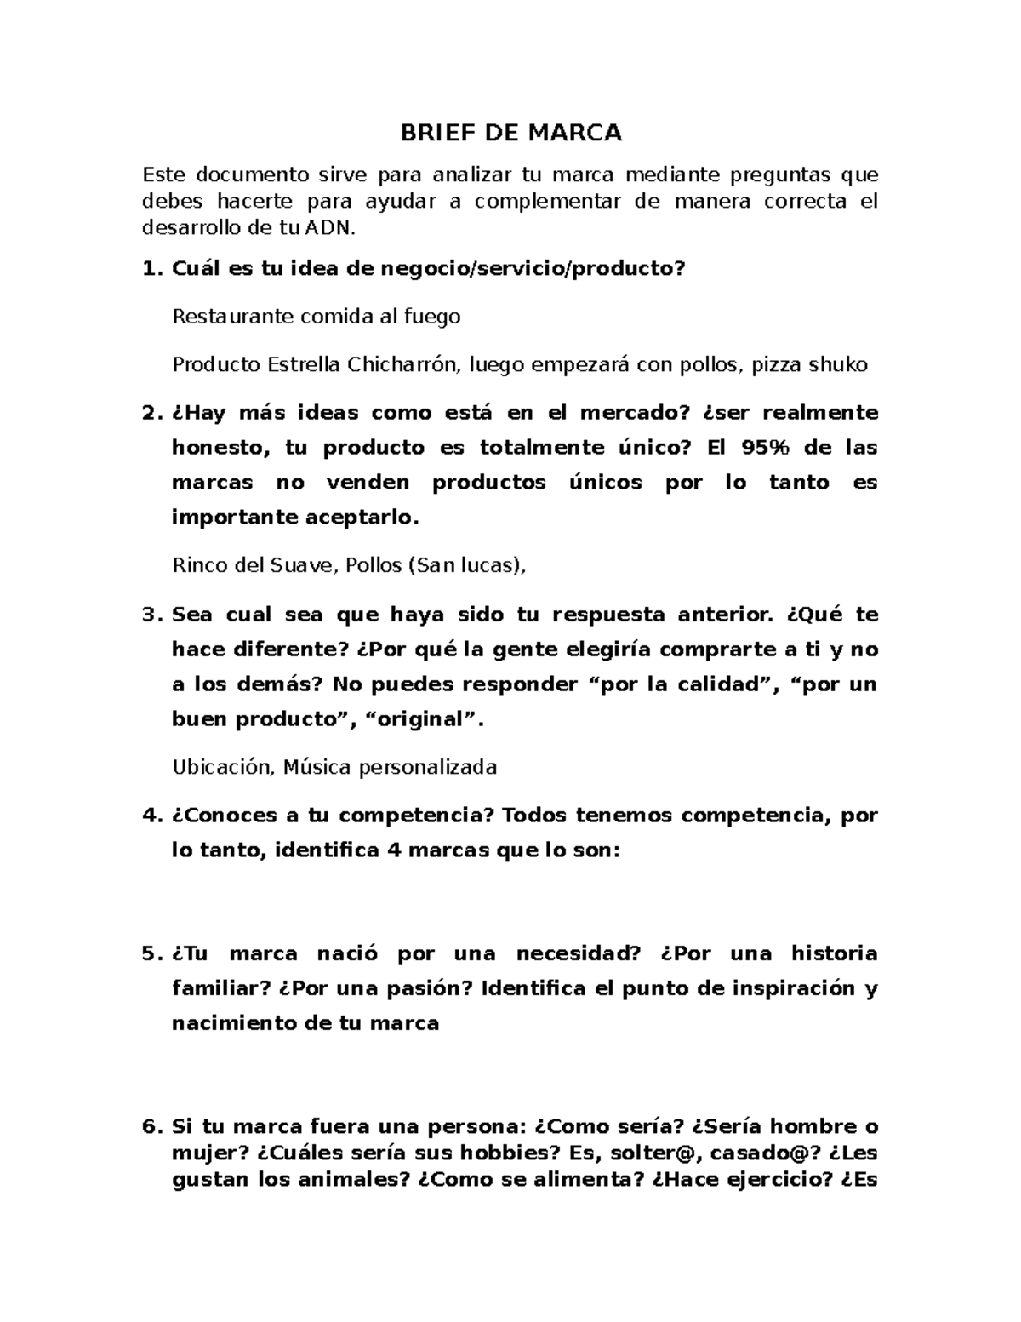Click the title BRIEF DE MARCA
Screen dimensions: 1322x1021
click(x=511, y=133)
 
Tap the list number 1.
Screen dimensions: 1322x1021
click(x=150, y=269)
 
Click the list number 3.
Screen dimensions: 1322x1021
click(x=150, y=615)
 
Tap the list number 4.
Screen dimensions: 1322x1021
click(x=150, y=816)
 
